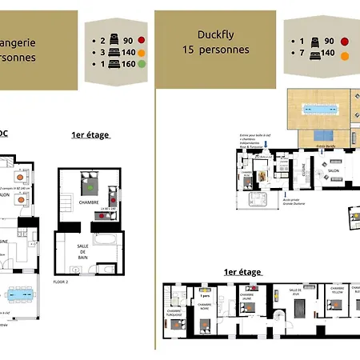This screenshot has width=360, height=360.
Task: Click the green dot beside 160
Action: tap(142, 69)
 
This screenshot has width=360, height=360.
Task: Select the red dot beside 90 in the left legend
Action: tap(142, 38)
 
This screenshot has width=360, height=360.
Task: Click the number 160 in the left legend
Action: tap(127, 69)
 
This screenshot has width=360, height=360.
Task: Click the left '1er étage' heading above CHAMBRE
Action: tap(90, 135)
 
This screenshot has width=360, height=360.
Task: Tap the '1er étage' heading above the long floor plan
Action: tap(243, 273)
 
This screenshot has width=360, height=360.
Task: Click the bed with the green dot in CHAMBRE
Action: tap(90, 189)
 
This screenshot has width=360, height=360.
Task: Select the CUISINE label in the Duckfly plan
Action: tap(304, 169)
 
